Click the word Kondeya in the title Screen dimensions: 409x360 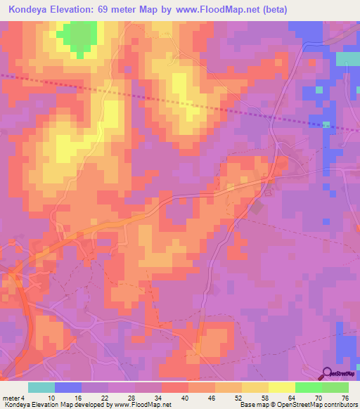[x=29, y=10]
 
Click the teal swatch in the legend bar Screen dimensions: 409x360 [x=41, y=387]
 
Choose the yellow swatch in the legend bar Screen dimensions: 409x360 [x=281, y=387]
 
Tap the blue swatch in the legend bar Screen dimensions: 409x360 [x=67, y=387]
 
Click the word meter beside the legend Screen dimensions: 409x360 [x=11, y=398]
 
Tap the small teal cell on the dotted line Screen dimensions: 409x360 [x=326, y=125]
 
